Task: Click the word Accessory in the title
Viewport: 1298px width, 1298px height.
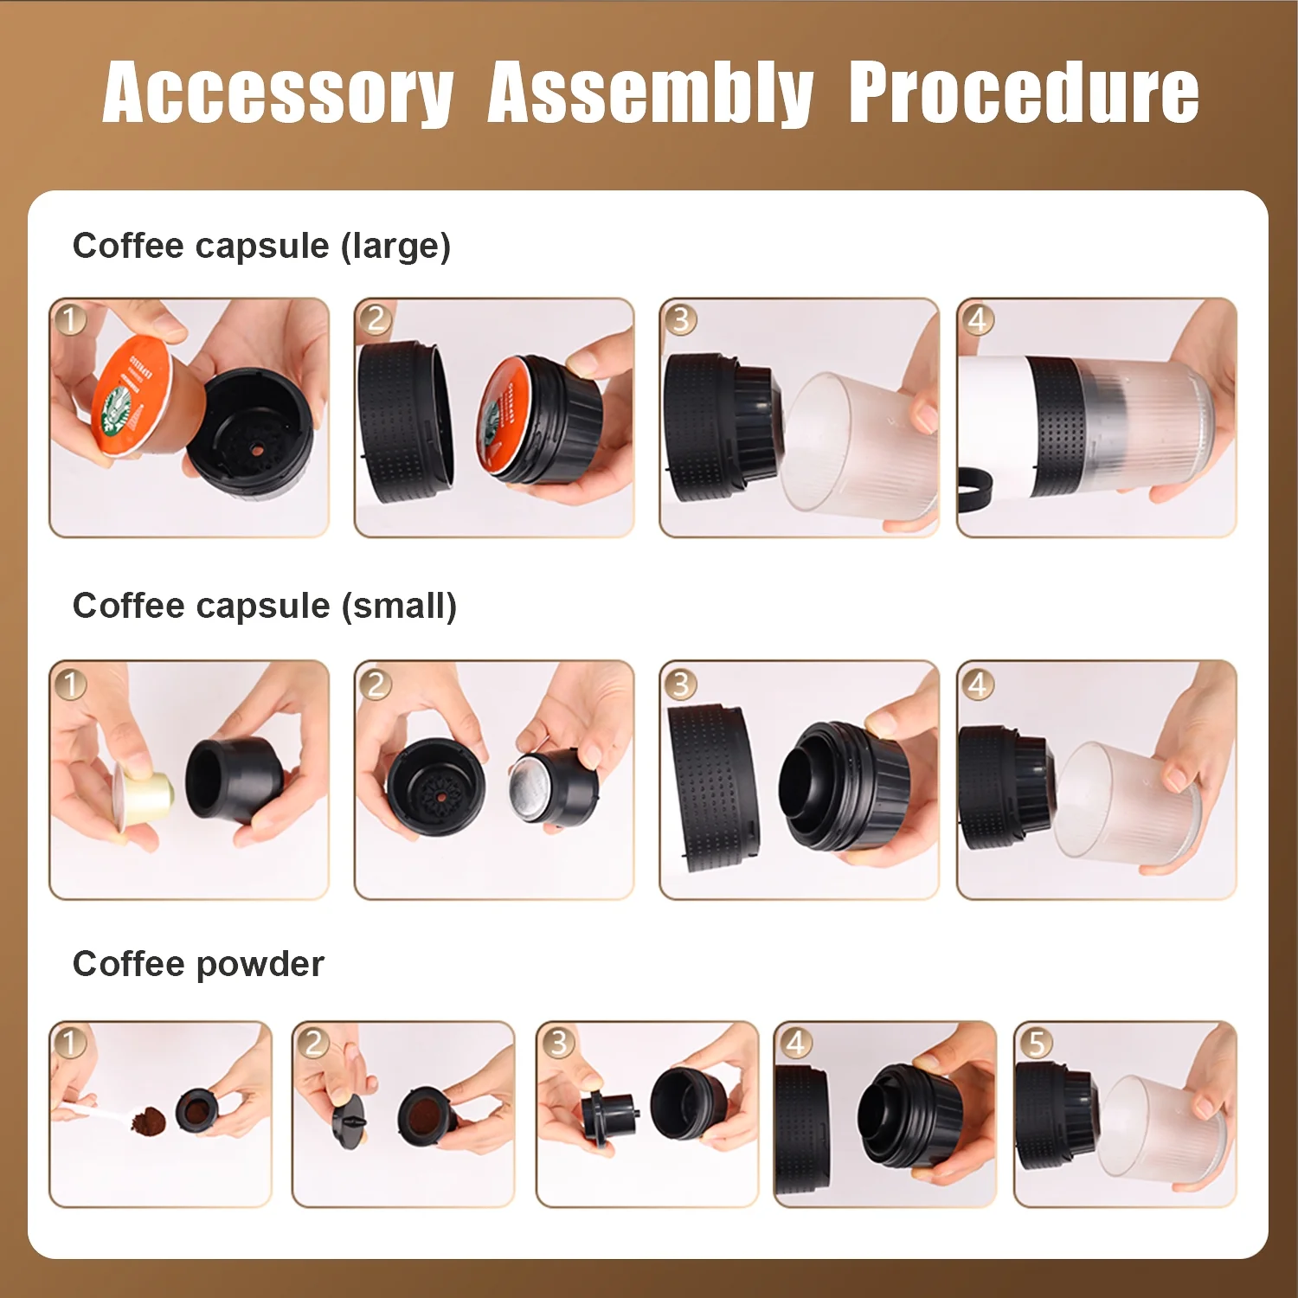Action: (x=278, y=93)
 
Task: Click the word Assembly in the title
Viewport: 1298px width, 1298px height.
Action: (x=650, y=93)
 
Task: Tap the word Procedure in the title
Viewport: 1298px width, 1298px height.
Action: (x=1023, y=93)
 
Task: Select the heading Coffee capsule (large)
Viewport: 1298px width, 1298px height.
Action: (x=261, y=246)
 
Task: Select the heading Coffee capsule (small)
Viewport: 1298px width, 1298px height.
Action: (x=264, y=606)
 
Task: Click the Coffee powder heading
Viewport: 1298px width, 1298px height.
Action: (x=198, y=964)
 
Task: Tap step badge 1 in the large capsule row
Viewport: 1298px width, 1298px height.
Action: (x=70, y=319)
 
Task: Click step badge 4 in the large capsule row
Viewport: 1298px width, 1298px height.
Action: (x=977, y=319)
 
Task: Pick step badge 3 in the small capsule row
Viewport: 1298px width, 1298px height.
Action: (x=680, y=684)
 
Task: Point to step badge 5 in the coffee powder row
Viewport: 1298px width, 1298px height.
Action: (x=1036, y=1042)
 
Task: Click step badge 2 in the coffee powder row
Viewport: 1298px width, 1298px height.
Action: (x=314, y=1042)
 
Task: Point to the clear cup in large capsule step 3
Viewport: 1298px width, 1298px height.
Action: (x=857, y=441)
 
